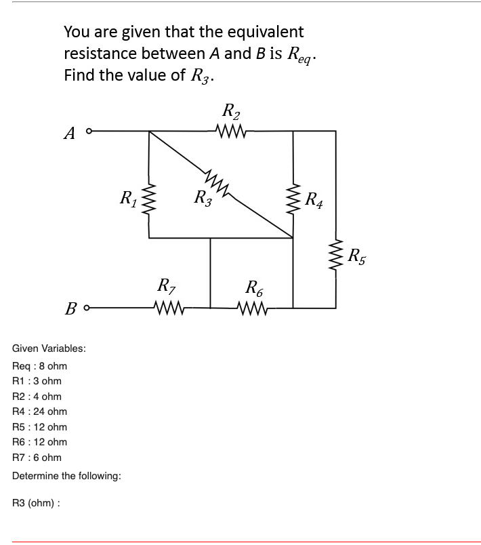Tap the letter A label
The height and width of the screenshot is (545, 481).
[69, 134]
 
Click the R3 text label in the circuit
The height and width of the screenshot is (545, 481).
[202, 199]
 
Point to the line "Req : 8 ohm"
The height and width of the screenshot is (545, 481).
[40, 366]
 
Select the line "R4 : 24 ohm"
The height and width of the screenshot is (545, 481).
[40, 411]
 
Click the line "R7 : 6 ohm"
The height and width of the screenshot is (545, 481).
[37, 457]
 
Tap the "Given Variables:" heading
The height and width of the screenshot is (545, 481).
[49, 348]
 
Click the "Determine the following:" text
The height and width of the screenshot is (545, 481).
[67, 476]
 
